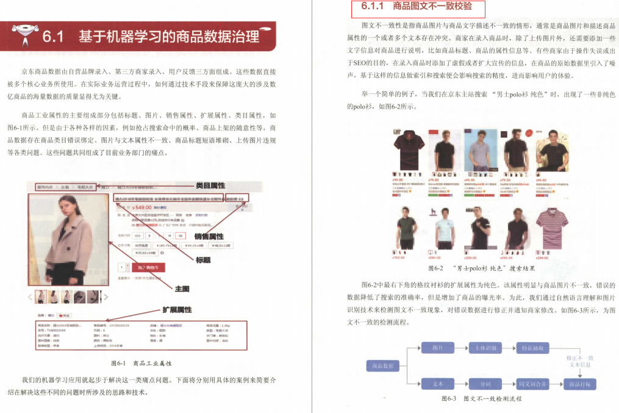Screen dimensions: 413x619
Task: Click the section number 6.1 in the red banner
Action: click(58, 37)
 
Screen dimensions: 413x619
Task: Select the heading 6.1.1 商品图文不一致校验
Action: click(417, 8)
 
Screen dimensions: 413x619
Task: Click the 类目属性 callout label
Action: click(210, 185)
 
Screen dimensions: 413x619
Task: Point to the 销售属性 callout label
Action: click(209, 237)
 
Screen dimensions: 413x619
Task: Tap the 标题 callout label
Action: click(203, 260)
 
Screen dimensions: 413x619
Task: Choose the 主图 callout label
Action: click(182, 289)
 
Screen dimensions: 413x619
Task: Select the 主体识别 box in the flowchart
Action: click(485, 348)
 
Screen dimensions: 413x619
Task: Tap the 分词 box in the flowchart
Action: click(485, 384)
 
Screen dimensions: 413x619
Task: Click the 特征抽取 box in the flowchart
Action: click(532, 348)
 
